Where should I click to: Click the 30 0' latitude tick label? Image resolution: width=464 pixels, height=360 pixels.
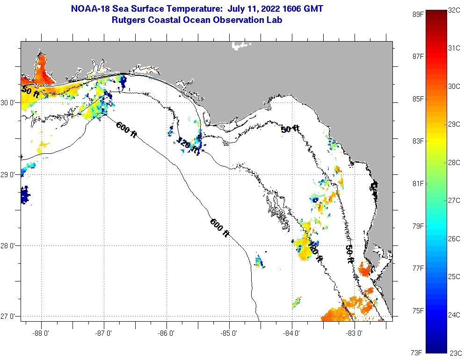point(9,102)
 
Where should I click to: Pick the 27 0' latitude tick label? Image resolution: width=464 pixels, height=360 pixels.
point(9,317)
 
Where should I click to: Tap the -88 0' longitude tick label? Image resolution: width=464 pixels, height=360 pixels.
point(41,333)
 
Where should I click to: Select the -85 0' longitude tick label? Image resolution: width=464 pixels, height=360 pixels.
point(229,333)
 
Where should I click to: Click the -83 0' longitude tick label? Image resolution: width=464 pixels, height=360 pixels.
point(355,333)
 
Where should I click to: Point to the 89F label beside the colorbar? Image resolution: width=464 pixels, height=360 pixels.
point(418,14)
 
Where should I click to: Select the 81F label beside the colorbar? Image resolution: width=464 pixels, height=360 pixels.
point(418,183)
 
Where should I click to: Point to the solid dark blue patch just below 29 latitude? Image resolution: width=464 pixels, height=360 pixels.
point(25,194)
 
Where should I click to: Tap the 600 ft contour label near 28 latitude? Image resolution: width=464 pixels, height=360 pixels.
point(219,228)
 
